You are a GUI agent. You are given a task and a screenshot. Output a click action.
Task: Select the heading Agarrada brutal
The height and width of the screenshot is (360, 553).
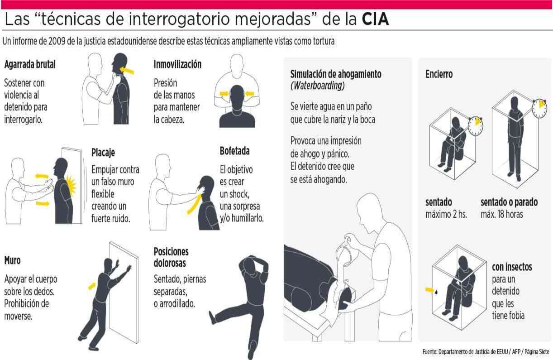pyautogui.click(x=30, y=64)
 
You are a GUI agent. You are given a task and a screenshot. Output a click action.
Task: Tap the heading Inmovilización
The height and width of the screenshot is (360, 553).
pyautogui.click(x=177, y=64)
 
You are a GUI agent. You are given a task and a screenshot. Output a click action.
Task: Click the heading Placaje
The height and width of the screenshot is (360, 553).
pyautogui.click(x=103, y=153)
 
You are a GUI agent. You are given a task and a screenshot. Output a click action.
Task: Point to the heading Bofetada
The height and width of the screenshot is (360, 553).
pyautogui.click(x=234, y=151)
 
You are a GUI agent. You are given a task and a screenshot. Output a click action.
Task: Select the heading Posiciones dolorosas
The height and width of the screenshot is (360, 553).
pyautogui.click(x=171, y=257)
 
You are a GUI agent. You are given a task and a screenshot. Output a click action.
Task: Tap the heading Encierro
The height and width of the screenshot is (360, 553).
pyautogui.click(x=439, y=74)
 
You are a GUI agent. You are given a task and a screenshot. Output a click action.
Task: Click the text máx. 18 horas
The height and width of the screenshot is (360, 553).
pyautogui.click(x=501, y=214)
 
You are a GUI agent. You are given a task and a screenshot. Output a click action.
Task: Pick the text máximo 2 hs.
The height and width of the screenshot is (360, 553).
pyautogui.click(x=446, y=214)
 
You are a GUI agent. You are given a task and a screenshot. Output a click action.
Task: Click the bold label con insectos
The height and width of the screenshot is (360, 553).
pyautogui.click(x=512, y=267)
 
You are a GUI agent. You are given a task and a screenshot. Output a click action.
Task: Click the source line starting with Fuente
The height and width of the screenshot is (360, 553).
pyautogui.click(x=486, y=351)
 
